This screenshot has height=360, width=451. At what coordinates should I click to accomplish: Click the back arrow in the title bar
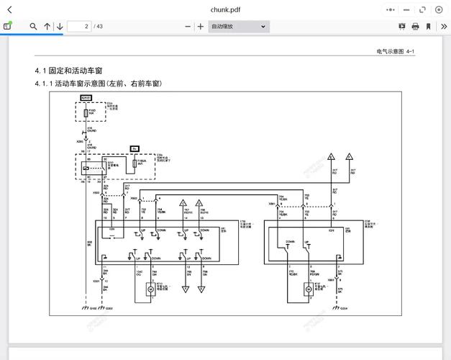(x=9, y=9)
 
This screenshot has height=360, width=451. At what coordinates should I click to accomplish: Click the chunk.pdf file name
(x=225, y=9)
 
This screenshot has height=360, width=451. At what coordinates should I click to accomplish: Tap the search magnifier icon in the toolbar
(x=33, y=27)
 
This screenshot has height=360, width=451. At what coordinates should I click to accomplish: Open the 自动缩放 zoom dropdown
(x=238, y=27)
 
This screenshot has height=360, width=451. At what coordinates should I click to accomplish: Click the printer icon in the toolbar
(x=415, y=27)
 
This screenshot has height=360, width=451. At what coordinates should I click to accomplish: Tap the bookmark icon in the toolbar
(x=428, y=27)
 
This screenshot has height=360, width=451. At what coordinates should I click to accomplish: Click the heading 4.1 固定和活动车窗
(x=69, y=71)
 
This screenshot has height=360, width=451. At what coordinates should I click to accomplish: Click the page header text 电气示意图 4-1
(x=395, y=52)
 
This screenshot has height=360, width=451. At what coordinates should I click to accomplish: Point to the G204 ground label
(x=343, y=308)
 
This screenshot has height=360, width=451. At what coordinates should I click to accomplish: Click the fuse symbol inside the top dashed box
(x=86, y=113)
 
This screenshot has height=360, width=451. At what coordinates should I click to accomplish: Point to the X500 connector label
(x=96, y=193)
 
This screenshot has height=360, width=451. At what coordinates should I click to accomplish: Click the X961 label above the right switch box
(x=272, y=204)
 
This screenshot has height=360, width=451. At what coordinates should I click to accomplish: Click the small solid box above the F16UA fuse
(x=135, y=148)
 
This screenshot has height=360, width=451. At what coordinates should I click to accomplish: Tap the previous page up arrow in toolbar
(x=47, y=27)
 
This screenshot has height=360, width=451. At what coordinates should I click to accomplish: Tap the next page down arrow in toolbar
(x=60, y=27)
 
